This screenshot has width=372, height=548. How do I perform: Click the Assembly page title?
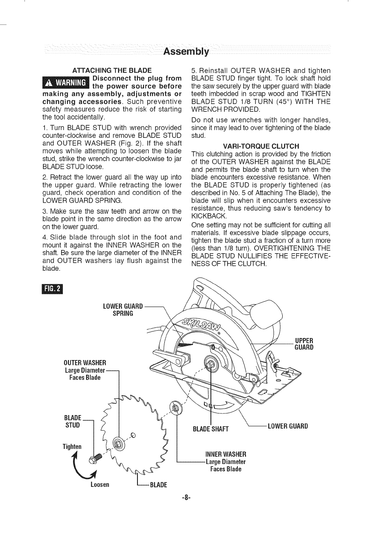tap(186, 52)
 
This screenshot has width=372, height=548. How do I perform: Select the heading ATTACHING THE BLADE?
tap(112, 70)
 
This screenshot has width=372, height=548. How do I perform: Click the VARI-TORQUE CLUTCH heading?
tap(261, 146)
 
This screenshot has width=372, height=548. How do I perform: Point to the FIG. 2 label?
tap(53, 289)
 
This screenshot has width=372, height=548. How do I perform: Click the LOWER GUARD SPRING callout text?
tap(123, 310)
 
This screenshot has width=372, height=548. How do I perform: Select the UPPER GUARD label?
tap(304, 344)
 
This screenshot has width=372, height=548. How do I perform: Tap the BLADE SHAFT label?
tap(210, 429)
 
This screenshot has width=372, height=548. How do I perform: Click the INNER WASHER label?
tap(226, 454)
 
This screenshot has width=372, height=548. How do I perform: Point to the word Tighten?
tap(72, 446)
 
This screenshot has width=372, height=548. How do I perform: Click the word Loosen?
tap(100, 485)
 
